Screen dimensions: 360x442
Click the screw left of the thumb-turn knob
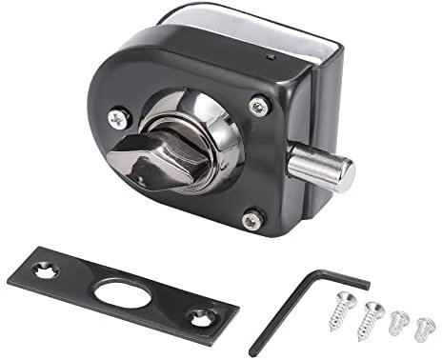coord(119,119)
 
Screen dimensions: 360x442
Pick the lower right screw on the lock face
coord(251,220)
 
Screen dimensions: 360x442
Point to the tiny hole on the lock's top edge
coord(272,59)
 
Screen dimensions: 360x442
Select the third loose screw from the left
coord(399,321)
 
